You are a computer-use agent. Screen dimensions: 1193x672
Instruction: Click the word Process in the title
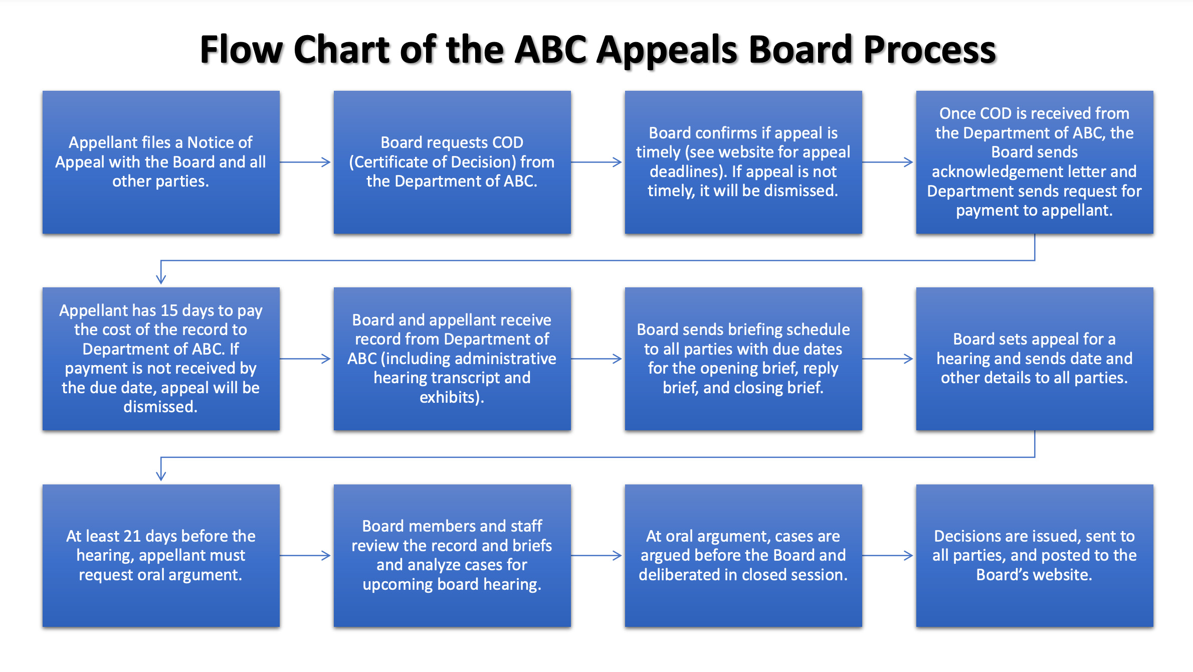[929, 50]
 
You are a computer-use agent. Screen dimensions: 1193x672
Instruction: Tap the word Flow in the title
[242, 50]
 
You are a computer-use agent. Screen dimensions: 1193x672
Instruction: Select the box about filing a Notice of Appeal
[161, 162]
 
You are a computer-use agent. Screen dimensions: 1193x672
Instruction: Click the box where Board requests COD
[452, 162]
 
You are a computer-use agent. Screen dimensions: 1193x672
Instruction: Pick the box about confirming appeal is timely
[743, 162]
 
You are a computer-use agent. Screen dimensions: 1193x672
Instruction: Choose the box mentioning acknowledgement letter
[1035, 162]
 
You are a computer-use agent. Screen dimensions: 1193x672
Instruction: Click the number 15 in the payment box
[169, 310]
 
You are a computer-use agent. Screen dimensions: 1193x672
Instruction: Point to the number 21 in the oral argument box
[132, 536]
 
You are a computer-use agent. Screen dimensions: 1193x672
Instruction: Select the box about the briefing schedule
[743, 359]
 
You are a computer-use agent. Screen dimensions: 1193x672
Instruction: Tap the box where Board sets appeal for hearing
[1035, 359]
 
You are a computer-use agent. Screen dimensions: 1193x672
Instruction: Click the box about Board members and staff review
[452, 556]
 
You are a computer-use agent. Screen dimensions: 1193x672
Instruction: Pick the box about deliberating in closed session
[743, 556]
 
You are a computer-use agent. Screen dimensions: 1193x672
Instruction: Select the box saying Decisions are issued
[1035, 556]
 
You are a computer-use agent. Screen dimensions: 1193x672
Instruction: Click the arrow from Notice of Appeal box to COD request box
[305, 162]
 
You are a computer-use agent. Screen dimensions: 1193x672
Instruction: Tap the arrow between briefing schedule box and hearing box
[888, 359]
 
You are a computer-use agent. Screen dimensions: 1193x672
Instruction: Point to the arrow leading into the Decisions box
[888, 556]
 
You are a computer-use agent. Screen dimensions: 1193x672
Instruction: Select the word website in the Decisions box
[1060, 575]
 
